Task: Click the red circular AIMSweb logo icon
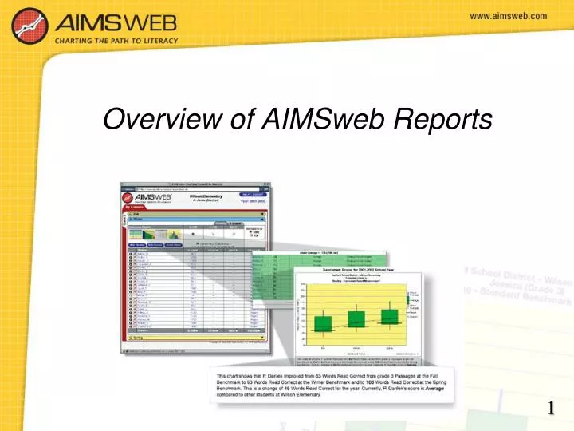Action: click(x=29, y=24)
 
